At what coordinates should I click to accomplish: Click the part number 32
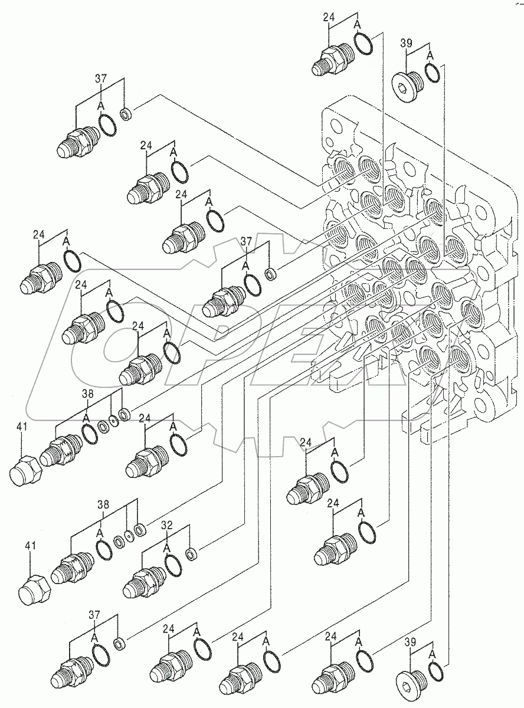click(x=167, y=525)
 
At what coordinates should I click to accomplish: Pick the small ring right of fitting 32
click(x=191, y=555)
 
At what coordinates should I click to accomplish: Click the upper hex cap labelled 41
click(x=26, y=470)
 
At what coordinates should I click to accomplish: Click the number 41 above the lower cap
click(x=31, y=547)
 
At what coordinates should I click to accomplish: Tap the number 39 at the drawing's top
click(x=406, y=44)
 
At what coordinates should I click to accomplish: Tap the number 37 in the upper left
click(x=101, y=79)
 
